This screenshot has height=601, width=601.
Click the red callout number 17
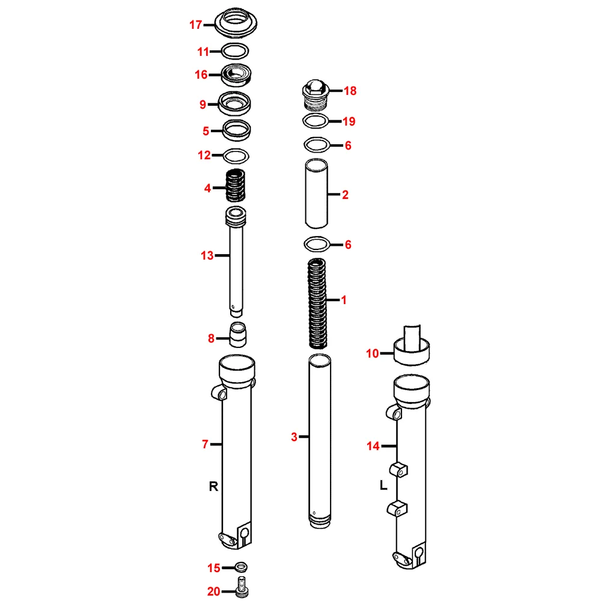coord(195,25)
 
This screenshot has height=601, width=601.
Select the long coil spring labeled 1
coord(317,304)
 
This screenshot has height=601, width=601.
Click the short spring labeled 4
coord(234,185)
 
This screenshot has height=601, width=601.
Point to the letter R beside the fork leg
coord(213,486)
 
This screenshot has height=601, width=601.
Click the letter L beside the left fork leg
coord(383,485)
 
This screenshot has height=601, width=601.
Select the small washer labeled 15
coord(241,567)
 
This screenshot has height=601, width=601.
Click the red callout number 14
coord(373,446)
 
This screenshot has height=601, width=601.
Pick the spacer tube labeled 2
coord(316,194)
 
